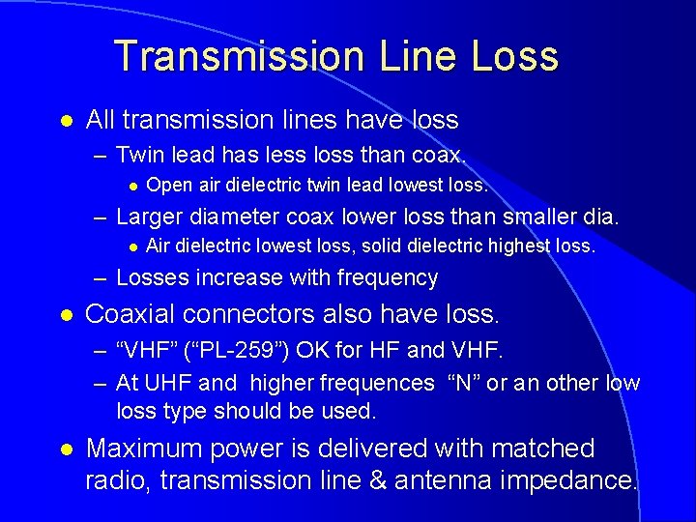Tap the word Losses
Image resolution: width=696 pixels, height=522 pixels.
click(x=152, y=278)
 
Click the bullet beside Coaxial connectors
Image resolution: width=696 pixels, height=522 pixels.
click(x=66, y=315)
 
